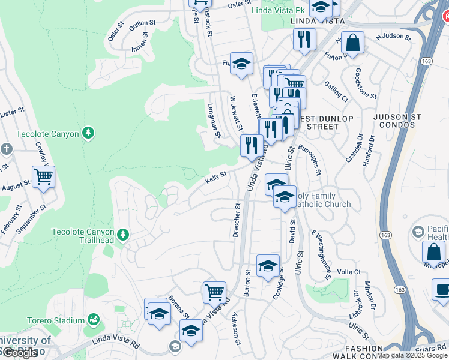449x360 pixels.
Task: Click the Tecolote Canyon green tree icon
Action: (x=89, y=133)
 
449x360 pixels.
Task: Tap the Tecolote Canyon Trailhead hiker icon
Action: (x=123, y=235)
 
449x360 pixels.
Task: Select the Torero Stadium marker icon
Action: (x=93, y=319)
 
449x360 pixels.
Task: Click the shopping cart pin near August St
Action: (x=43, y=177)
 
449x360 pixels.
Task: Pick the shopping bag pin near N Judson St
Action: (x=353, y=43)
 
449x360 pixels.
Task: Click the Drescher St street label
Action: (x=237, y=220)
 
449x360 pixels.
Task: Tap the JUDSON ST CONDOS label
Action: (x=406, y=122)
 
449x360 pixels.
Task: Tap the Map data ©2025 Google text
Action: (x=411, y=355)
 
